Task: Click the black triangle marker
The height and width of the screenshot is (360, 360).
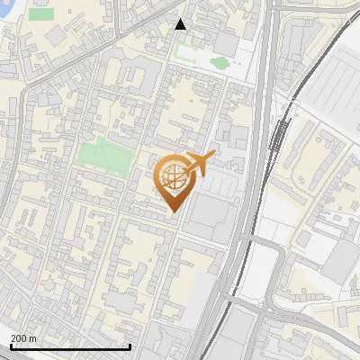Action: [180, 24]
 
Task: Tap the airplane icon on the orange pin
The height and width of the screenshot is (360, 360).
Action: [199, 163]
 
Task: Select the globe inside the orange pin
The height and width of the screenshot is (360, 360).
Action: [172, 177]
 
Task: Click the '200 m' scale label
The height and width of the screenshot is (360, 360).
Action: [23, 337]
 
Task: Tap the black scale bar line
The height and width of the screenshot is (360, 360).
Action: [70, 346]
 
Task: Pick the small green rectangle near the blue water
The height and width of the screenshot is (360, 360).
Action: [40, 14]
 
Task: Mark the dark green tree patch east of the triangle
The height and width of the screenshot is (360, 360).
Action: [219, 63]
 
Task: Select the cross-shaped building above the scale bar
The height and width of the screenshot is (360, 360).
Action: [117, 301]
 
